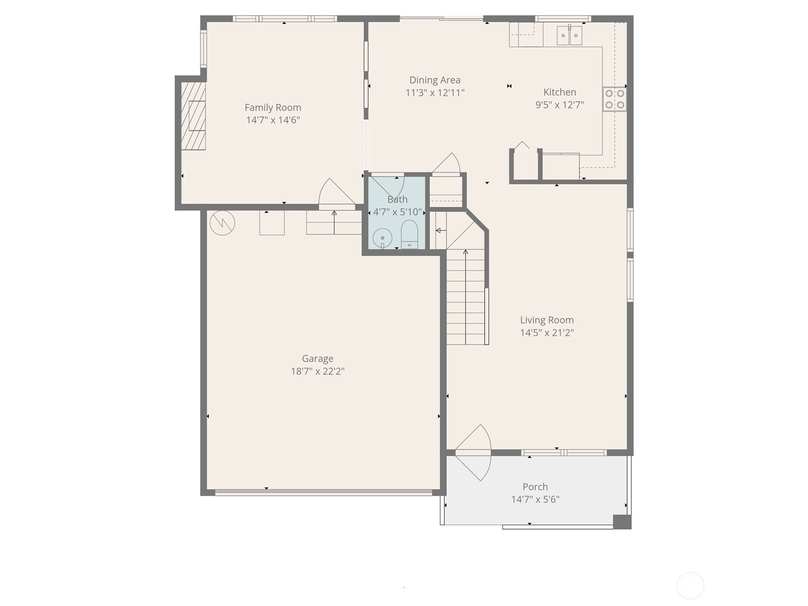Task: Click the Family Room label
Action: pos(273,108)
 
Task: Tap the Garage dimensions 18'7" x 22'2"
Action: pos(317,372)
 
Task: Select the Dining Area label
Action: pos(434,80)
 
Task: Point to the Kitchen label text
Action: pos(560,92)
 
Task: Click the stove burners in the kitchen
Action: pos(615,99)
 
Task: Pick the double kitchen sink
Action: pos(569,35)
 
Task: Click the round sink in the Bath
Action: pos(382,237)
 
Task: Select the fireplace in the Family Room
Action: pos(194,116)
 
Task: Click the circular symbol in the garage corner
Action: pos(222,222)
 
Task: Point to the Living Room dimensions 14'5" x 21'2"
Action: pos(547,333)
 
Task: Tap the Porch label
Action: pos(535,487)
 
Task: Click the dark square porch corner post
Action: pos(622,522)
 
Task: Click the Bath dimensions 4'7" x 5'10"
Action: pos(397,212)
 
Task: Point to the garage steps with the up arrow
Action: pos(334,223)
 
